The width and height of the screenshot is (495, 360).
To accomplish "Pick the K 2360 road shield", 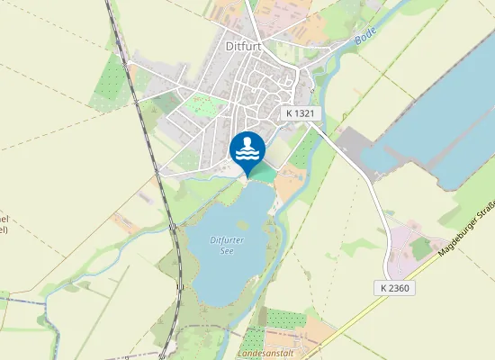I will (394, 288).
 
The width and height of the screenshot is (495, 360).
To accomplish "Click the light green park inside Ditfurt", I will (205, 107).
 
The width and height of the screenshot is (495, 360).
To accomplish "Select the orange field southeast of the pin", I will (288, 185).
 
